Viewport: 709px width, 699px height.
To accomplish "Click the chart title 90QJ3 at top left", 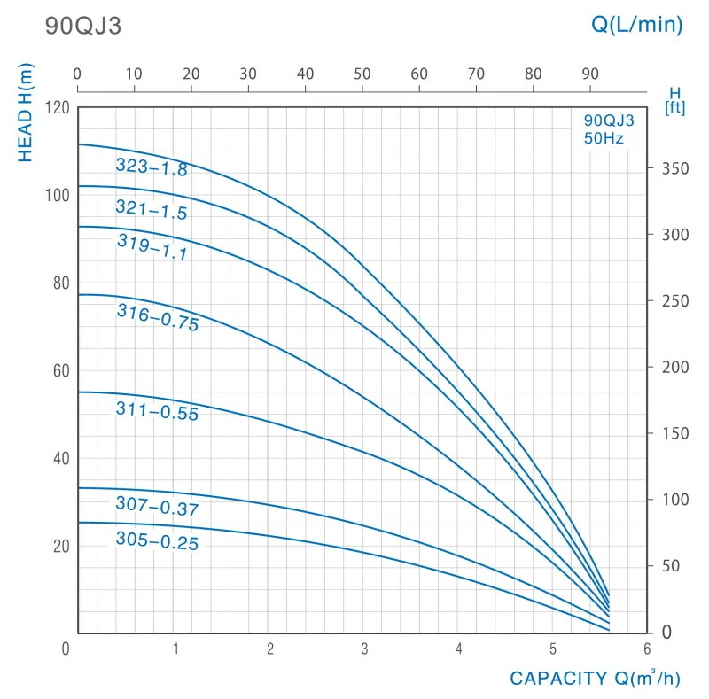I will tap(82, 26).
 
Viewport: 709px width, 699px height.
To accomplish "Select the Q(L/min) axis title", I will tap(637, 25).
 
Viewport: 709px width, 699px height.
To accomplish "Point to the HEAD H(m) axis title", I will tap(26, 113).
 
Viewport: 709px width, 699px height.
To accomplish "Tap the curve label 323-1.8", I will tap(152, 167).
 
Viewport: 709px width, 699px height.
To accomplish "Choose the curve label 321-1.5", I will tap(152, 209).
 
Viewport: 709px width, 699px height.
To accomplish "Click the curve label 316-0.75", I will tap(158, 316).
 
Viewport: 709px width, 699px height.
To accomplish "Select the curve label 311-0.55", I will tap(157, 411).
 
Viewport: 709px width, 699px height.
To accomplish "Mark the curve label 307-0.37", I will tap(157, 508).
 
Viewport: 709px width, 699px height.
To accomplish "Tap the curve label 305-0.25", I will tap(157, 541).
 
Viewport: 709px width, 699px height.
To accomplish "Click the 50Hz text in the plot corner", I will tap(603, 138).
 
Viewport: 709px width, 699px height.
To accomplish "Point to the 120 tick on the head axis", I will tap(57, 108).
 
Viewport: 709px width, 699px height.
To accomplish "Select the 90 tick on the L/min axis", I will tap(590, 74).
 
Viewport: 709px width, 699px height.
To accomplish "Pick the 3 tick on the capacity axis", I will tap(364, 649).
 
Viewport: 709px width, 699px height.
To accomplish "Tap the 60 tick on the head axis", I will tap(60, 371).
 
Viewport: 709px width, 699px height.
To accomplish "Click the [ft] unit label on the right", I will tap(674, 108).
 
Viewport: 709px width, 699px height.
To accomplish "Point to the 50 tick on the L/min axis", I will tap(362, 74).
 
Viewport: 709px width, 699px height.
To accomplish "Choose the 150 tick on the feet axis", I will tap(674, 433).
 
